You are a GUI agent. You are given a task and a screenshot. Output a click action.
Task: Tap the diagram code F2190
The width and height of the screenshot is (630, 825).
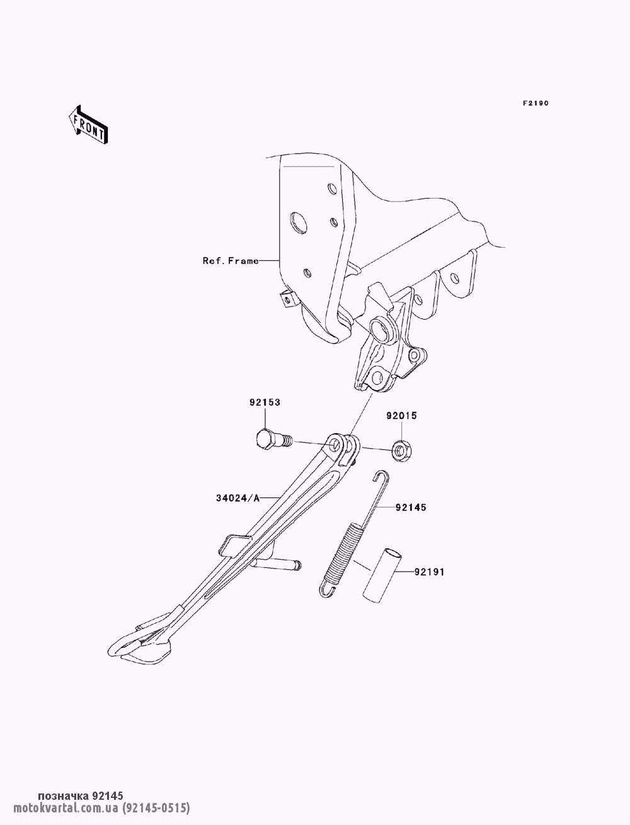click(536, 103)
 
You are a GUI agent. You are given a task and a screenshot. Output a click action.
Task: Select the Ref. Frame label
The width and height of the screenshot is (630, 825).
click(231, 260)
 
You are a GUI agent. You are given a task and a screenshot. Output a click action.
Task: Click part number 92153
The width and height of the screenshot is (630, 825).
click(265, 402)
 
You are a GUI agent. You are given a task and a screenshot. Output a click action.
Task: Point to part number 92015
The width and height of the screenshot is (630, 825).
click(401, 416)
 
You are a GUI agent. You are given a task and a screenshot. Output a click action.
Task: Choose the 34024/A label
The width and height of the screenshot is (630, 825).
click(238, 499)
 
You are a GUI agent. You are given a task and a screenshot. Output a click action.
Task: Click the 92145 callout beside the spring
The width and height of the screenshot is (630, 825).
click(411, 507)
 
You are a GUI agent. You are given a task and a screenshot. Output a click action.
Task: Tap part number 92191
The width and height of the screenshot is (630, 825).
click(430, 572)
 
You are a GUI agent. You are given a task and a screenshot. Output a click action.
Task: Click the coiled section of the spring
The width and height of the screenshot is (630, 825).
click(345, 550)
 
